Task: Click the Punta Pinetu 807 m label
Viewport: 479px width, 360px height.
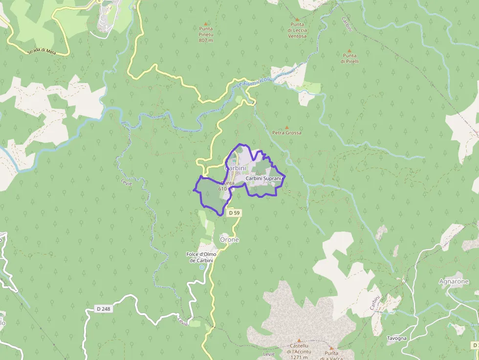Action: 206,34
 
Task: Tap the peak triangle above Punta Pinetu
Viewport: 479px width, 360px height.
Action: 206,23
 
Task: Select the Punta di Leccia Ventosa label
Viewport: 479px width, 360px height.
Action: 297,30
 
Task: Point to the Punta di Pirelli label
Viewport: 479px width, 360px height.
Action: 350,59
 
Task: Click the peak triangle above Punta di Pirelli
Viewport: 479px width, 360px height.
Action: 349,50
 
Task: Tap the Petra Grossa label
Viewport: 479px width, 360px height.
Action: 286,133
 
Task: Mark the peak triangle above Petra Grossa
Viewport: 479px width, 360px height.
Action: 286,127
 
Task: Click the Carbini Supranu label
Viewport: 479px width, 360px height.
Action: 264,179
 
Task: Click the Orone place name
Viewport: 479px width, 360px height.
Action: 229,240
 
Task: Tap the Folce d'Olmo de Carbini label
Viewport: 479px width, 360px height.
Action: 201,257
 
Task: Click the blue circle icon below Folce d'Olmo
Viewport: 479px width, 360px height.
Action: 201,267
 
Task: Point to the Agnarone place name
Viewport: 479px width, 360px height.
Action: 454,281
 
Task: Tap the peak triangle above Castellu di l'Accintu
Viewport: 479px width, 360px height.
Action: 299,340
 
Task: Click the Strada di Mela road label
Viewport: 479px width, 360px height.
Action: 43,50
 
